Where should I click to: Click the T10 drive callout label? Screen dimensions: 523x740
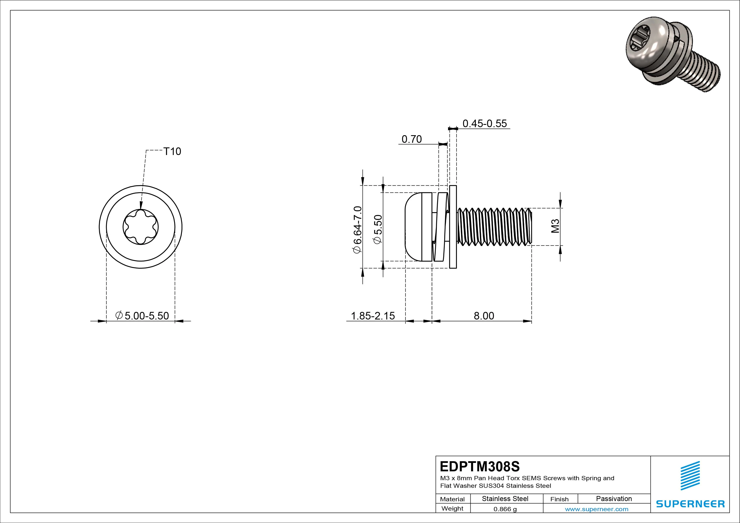pyautogui.click(x=172, y=151)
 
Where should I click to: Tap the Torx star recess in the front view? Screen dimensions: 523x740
pyautogui.click(x=140, y=227)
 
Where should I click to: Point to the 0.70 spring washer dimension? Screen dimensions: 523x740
pyautogui.click(x=412, y=139)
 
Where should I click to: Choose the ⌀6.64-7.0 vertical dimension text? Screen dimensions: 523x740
pyautogui.click(x=358, y=229)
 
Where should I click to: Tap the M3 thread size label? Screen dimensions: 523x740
pyautogui.click(x=555, y=226)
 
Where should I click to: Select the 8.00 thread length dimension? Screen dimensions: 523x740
pyautogui.click(x=483, y=316)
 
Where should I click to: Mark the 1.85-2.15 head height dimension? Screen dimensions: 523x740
pyautogui.click(x=373, y=316)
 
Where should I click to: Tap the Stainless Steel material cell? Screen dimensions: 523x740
pyautogui.click(x=505, y=499)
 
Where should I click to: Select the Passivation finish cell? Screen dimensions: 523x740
pyautogui.click(x=614, y=499)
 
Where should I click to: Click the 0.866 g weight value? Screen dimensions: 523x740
pyautogui.click(x=505, y=509)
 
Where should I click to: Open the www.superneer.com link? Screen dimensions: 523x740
pyautogui.click(x=596, y=509)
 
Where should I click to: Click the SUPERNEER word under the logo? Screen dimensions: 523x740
pyautogui.click(x=690, y=504)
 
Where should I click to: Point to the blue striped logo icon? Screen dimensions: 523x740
pyautogui.click(x=690, y=480)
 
